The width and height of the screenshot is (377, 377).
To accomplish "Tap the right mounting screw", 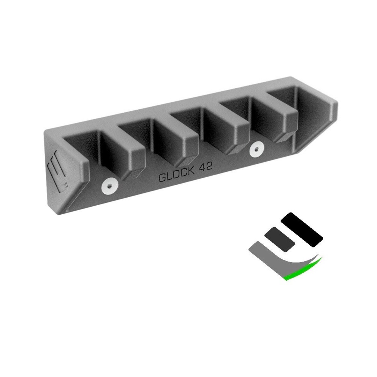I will tap(257, 149).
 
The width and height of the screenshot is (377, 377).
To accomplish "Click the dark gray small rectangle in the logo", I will tap(280, 239).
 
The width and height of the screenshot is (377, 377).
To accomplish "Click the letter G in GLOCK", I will tap(162, 178).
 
